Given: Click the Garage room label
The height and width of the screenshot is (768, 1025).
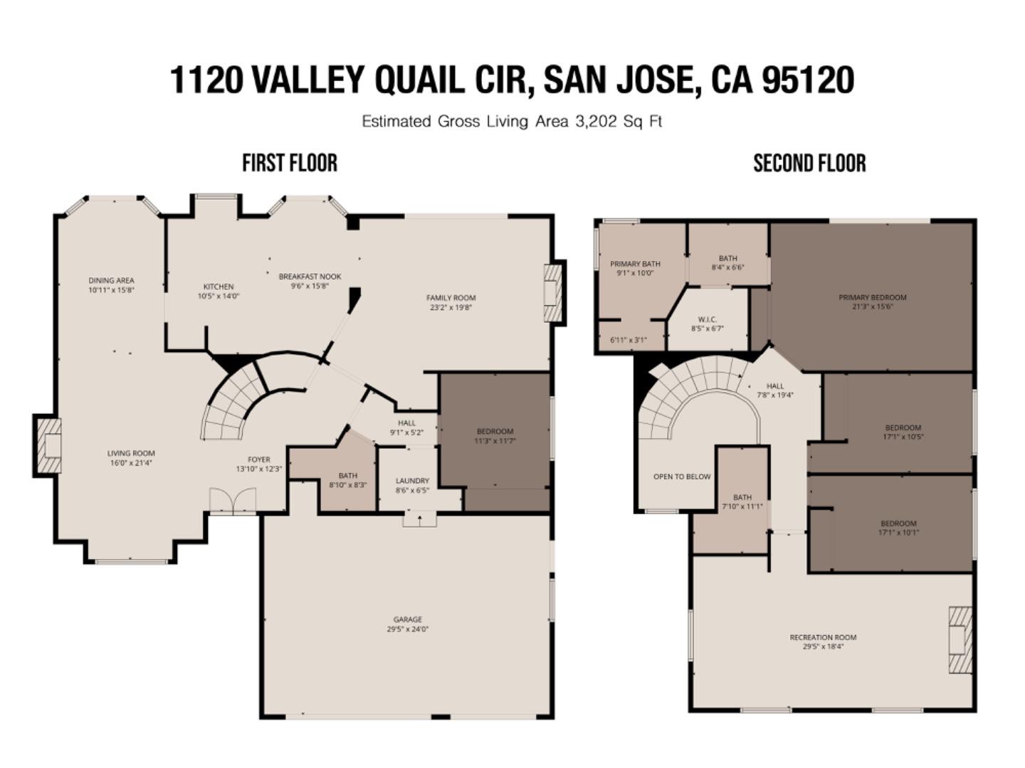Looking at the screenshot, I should pos(407,619).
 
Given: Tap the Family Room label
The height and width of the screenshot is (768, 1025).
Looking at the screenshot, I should pos(451,298).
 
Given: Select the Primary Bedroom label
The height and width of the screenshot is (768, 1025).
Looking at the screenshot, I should pos(872,297).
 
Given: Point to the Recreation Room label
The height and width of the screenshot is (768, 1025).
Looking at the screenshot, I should pos(823,637).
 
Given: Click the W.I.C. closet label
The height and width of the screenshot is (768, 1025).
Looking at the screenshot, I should pos(707,319).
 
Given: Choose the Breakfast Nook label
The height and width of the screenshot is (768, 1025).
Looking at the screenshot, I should pos(310,277).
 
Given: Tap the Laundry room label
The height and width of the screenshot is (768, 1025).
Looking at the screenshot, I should pos(412,481).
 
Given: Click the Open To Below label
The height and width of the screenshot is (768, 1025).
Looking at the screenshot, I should pos(681,476).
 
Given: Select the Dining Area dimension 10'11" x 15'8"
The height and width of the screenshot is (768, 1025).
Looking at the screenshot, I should pos(111,290).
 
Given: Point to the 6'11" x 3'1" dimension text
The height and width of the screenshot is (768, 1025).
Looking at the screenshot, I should pos(629,340).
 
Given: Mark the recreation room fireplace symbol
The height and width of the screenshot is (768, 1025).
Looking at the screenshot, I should pos(960,639).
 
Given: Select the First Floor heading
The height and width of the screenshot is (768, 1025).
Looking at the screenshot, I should pos(289,163).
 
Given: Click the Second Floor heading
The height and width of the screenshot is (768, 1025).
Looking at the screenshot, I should pos(809,163).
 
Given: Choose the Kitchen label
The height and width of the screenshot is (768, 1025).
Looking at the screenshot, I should pos(218,287).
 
